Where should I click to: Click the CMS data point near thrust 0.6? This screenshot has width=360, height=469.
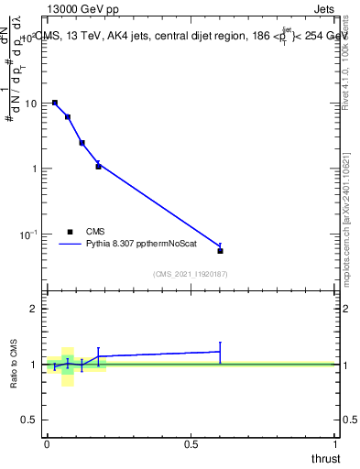pyautogui.click(x=220, y=250)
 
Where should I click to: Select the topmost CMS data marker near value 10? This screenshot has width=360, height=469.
pyautogui.click(x=55, y=103)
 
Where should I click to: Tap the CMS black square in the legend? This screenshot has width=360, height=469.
pyautogui.click(x=70, y=232)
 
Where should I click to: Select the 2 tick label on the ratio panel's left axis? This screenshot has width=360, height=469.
pyautogui.click(x=34, y=309)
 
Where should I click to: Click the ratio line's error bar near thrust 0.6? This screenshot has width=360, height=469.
pyautogui.click(x=220, y=352)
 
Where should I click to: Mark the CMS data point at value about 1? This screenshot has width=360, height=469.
pyautogui.click(x=98, y=167)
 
